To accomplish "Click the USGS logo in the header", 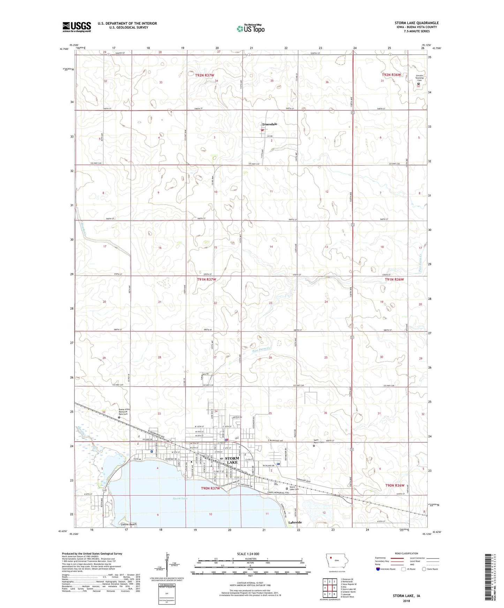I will pyautogui.click(x=76, y=26).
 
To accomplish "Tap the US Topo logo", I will pyautogui.click(x=250, y=29).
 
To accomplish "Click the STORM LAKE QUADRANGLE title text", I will pyautogui.click(x=416, y=23).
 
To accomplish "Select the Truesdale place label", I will pyautogui.click(x=270, y=124).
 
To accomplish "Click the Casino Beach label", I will pyautogui.click(x=127, y=524).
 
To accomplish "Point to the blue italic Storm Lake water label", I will pyautogui.click(x=180, y=499).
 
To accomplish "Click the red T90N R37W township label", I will pyautogui.click(x=210, y=488).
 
